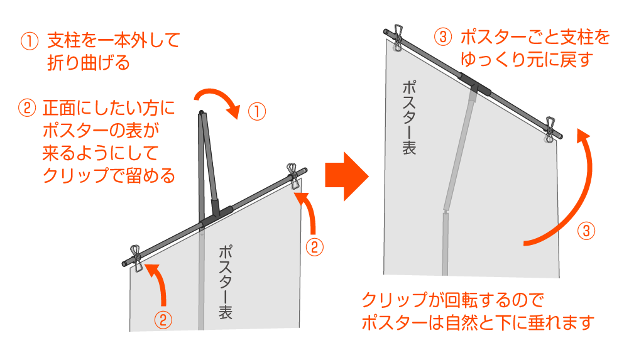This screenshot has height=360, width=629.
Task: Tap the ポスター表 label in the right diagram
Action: tap(408, 117)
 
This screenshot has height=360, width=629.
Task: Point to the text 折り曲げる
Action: tap(88, 63)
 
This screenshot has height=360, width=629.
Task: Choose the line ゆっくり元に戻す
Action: tap(527, 60)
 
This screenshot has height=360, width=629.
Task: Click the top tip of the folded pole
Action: tap(200, 114)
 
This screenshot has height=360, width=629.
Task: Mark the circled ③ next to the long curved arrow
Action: tap(585, 231)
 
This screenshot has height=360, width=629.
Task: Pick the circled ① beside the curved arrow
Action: tap(256, 112)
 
